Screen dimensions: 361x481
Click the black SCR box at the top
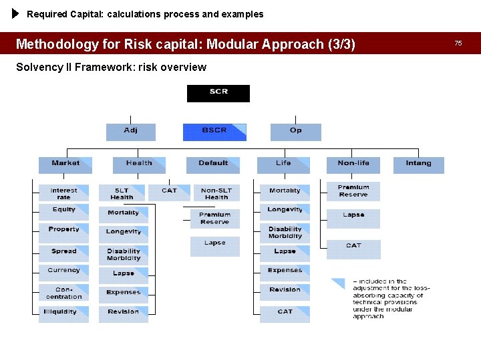point(218,93)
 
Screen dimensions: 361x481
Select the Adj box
point(131,132)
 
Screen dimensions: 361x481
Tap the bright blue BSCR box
point(214,132)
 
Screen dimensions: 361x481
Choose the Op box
point(295,132)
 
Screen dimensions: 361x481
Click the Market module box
point(65,164)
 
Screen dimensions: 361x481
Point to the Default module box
point(213,164)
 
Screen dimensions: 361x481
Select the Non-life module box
point(353,164)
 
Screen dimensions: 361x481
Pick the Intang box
point(418,164)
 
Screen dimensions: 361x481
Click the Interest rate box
point(63,193)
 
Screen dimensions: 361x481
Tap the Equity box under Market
point(63,212)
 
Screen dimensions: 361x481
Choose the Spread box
point(63,253)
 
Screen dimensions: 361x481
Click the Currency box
point(63,273)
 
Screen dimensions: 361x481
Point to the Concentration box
point(63,293)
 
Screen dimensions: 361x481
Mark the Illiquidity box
point(63,314)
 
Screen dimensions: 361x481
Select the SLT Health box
point(122,193)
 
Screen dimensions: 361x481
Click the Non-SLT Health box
point(216,193)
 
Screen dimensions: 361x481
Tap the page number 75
point(458,43)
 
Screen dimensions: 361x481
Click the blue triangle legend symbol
point(339,283)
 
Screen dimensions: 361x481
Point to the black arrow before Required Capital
point(16,13)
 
